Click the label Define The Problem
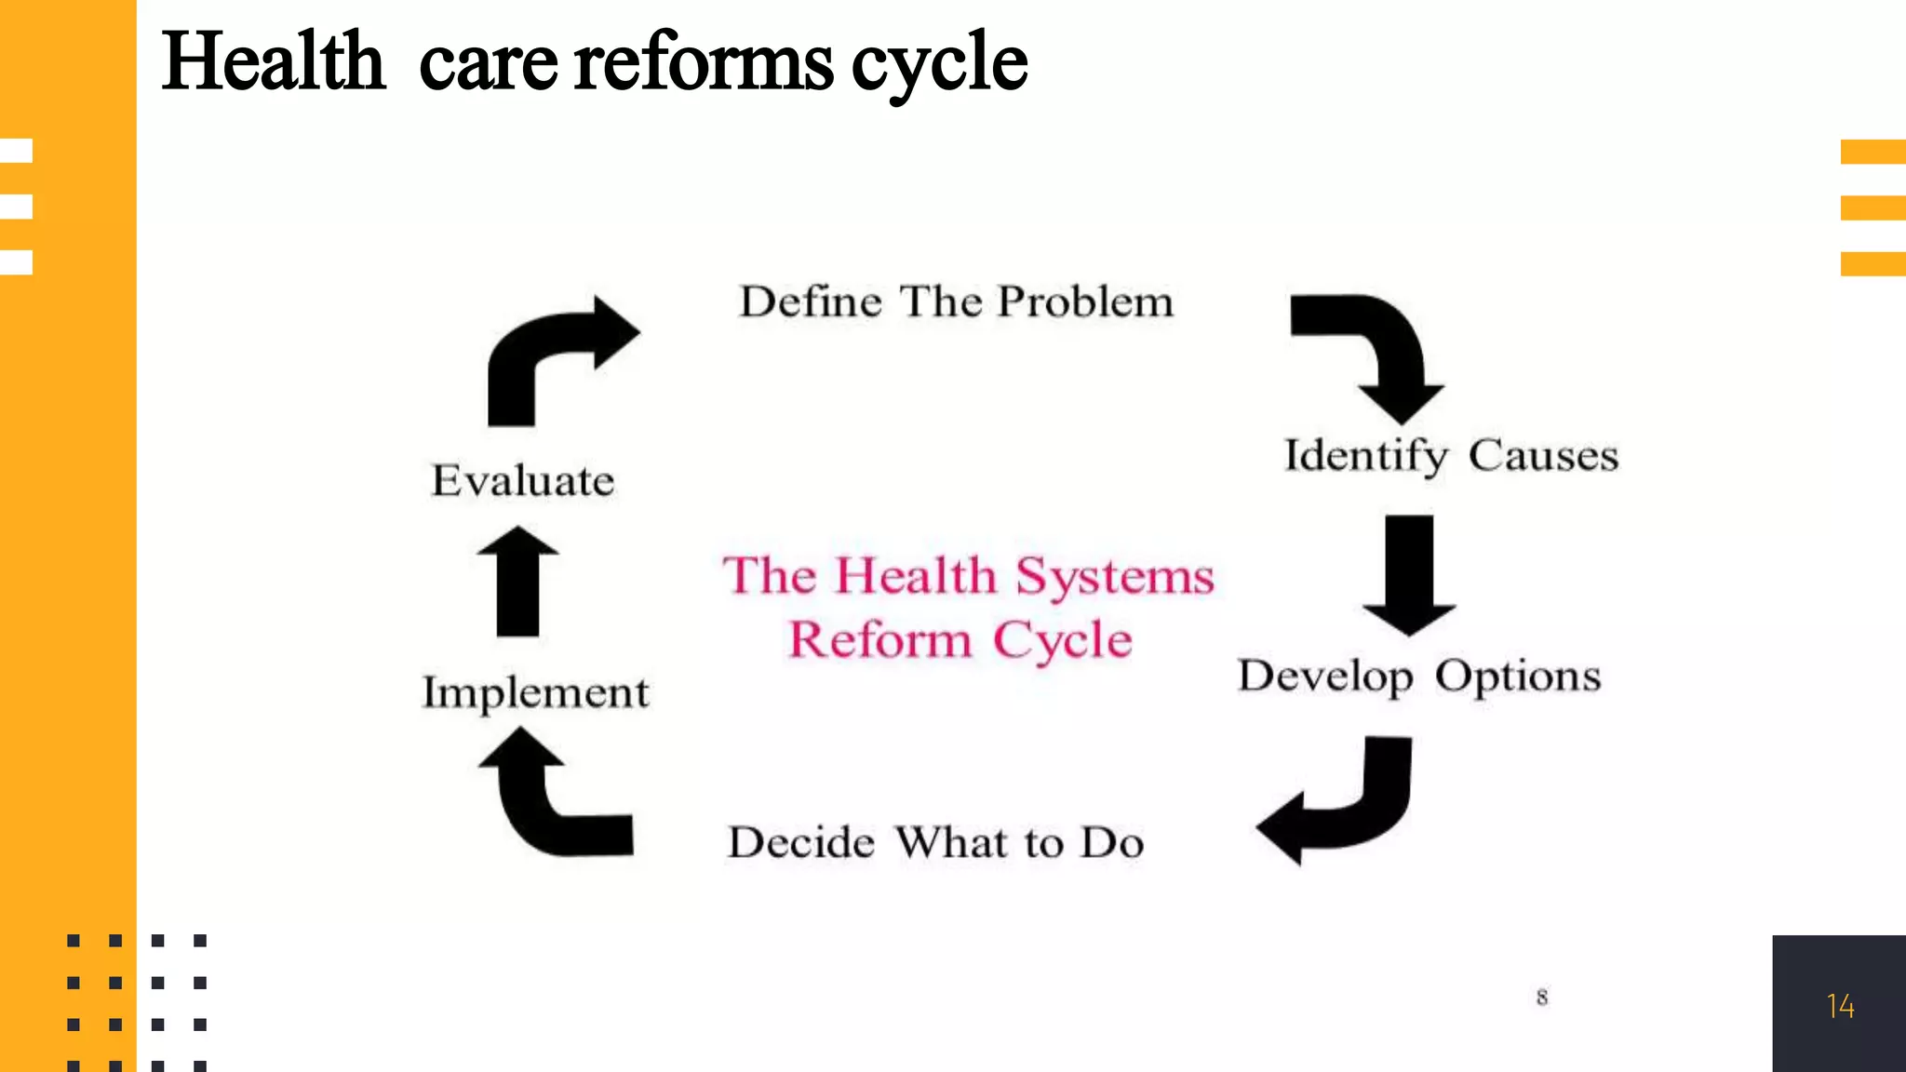[956, 302]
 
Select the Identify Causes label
[1451, 456]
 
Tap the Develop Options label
[1419, 677]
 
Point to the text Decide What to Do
[935, 843]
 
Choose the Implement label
[535, 693]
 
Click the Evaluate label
[523, 481]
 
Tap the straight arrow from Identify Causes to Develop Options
[1409, 572]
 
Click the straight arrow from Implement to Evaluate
[517, 582]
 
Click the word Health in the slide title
[273, 61]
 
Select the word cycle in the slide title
[939, 63]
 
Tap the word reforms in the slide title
[704, 61]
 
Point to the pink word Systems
[1115, 576]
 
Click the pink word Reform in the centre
[880, 640]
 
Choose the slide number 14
[1840, 1006]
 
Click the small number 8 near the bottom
[1542, 998]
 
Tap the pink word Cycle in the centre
[1063, 640]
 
